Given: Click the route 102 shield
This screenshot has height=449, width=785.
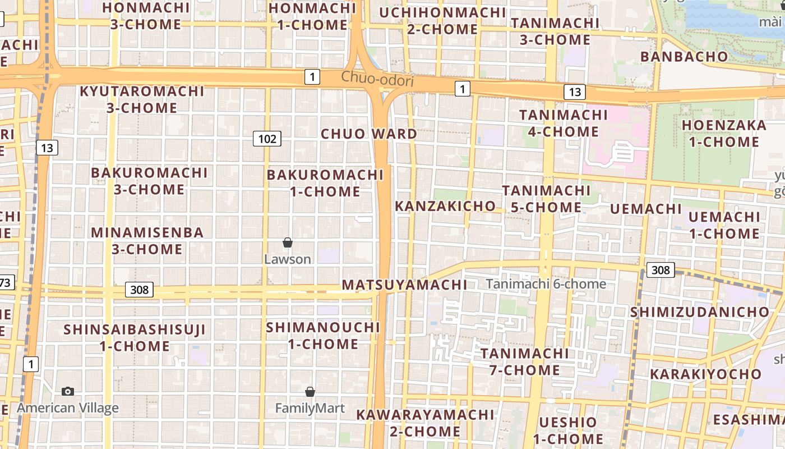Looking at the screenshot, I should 267,139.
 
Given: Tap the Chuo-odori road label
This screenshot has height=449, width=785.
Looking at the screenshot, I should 377,80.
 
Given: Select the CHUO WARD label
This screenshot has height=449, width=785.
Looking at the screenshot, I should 369,134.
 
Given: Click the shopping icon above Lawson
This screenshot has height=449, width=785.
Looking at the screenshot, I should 288,242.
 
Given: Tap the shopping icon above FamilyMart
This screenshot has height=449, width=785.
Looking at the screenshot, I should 310,392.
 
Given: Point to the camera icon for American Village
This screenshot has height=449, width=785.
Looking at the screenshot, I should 68,391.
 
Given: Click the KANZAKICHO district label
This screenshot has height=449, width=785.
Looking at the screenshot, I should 445,206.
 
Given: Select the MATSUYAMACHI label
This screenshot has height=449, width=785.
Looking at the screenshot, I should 404,285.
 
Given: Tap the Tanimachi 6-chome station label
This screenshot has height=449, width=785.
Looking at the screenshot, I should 546,284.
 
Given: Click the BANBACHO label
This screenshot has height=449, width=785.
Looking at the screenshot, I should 684,57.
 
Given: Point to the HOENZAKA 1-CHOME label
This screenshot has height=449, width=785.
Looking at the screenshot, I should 724,134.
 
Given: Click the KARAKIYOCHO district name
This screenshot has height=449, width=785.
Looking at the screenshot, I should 705,374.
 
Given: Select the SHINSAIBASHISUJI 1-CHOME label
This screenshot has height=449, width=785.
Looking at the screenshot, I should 135,338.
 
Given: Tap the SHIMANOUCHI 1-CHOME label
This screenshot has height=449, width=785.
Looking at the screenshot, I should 323,335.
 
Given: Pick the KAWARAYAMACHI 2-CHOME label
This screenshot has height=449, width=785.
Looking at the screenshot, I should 425,423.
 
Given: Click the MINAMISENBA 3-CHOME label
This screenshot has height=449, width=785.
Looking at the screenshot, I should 147,241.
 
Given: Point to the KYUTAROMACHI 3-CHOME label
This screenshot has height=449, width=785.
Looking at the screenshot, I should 142,99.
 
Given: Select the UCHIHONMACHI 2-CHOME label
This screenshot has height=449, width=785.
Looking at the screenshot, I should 442,21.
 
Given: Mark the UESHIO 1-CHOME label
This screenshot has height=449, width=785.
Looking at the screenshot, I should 568,430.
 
